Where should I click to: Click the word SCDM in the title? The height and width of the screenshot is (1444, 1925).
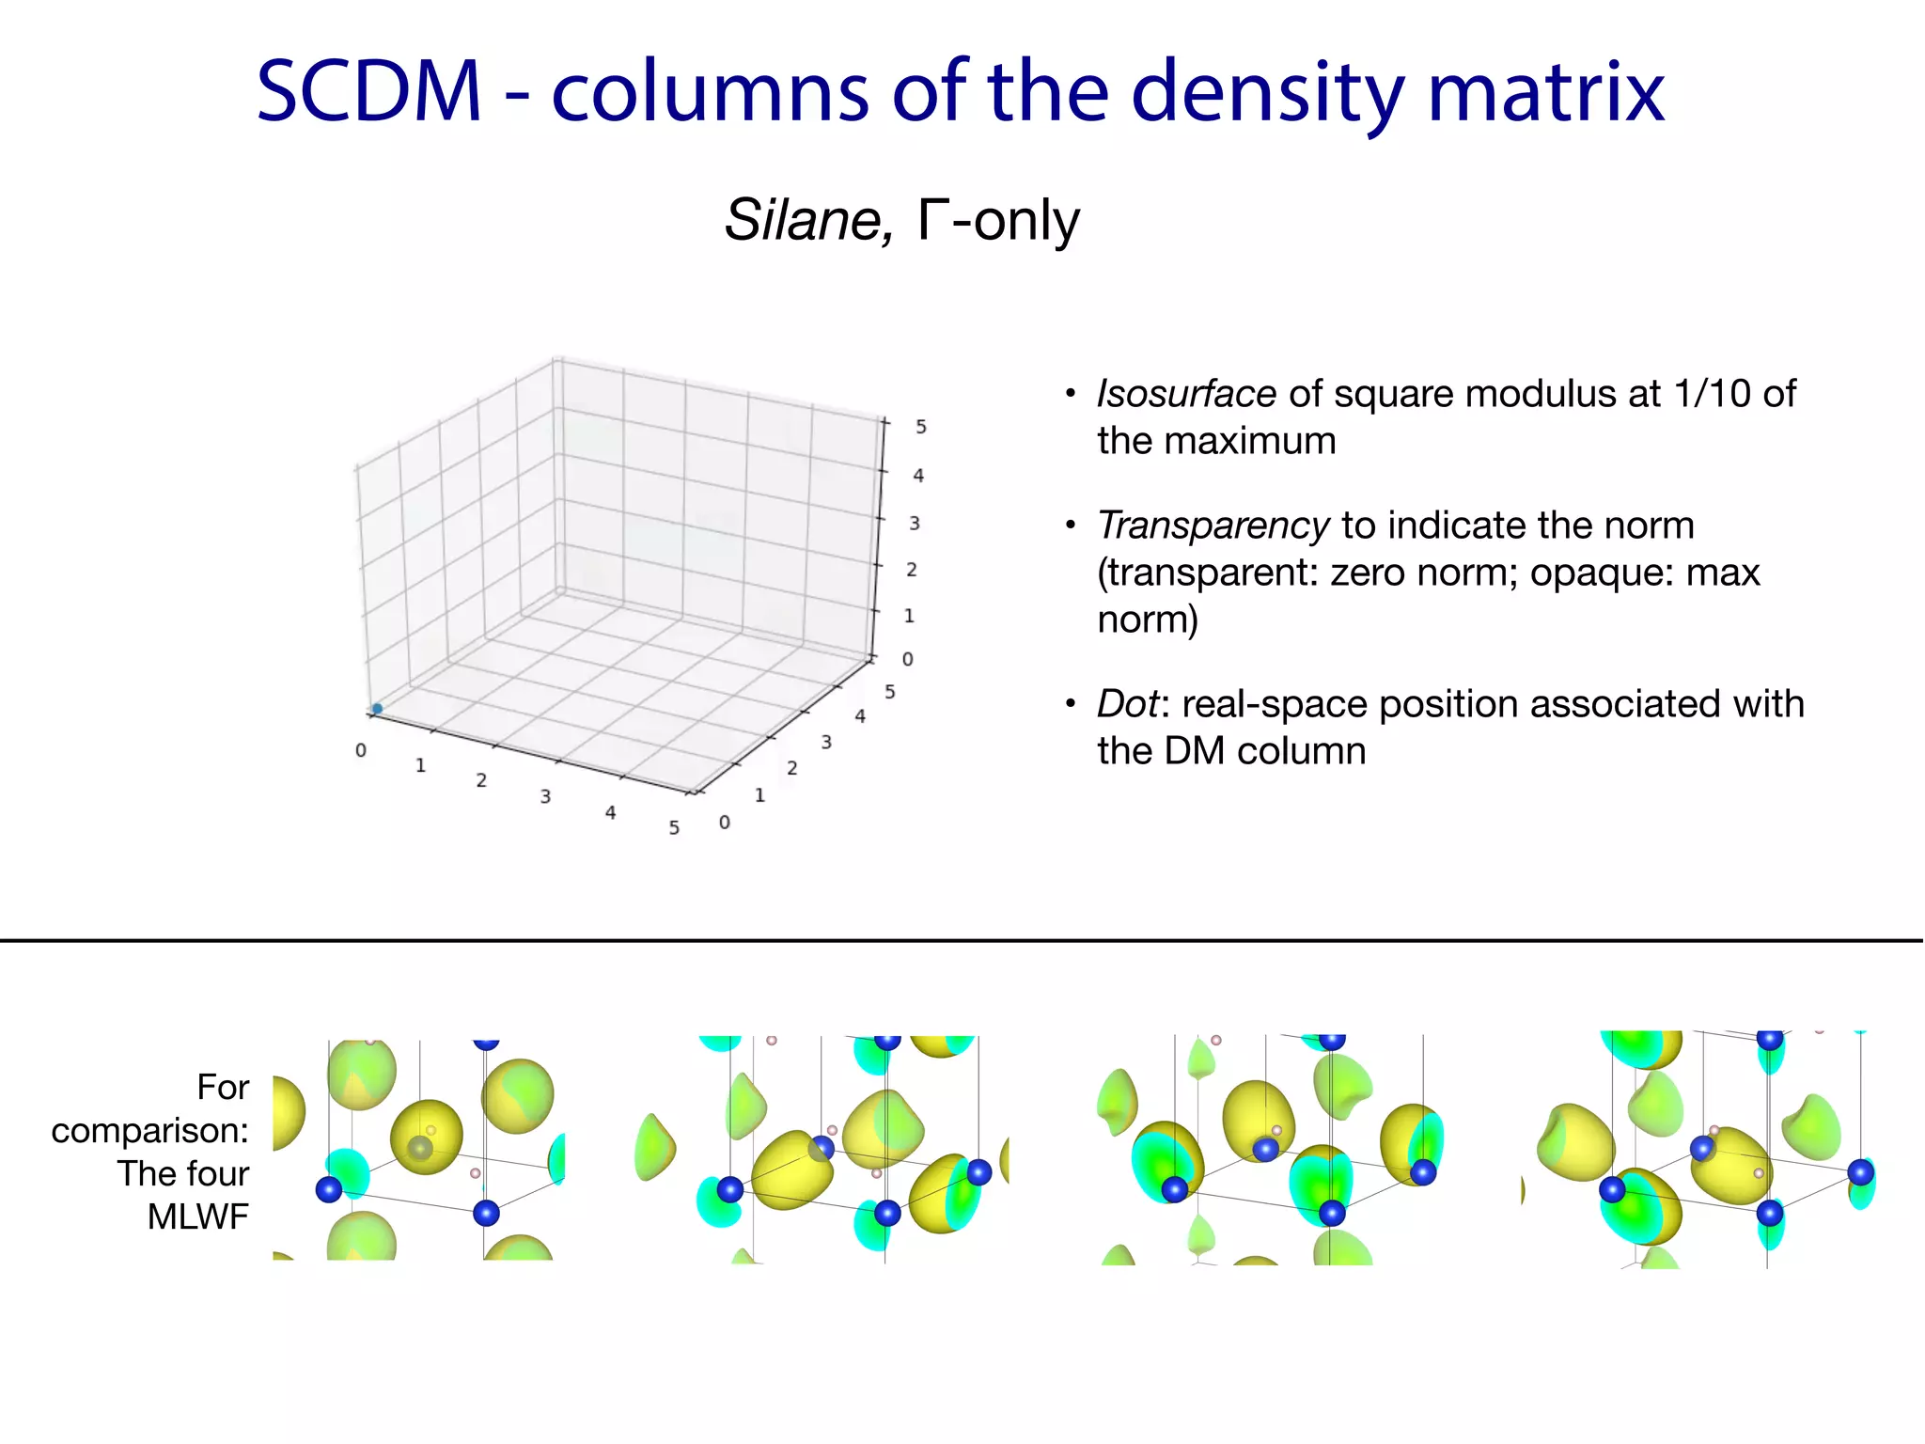coord(368,91)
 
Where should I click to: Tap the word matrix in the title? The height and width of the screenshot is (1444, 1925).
coord(1546,91)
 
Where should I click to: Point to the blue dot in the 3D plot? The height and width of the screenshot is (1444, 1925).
coord(377,709)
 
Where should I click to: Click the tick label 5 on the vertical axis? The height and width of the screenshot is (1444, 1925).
coord(921,427)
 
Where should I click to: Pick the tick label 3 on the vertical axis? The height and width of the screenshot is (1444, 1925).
coord(915,523)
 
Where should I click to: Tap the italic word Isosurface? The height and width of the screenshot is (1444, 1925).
coord(1186,394)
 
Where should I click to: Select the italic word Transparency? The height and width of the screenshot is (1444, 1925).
coord(1213,526)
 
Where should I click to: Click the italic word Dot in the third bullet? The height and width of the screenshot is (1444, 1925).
coord(1128,704)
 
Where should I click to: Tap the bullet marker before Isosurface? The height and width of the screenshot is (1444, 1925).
coord(1070,393)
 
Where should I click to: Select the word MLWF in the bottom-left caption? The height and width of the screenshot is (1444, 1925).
coord(198,1216)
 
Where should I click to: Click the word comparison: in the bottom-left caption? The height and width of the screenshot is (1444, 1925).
coord(150,1130)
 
